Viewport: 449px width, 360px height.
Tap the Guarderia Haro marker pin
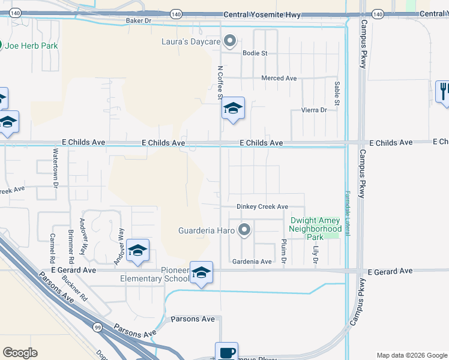244,230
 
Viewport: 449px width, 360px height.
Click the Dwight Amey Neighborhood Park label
315,229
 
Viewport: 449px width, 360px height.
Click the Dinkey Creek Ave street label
262,206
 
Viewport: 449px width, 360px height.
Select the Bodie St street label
255,53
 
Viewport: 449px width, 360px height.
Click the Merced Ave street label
279,78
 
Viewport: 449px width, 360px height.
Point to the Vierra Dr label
314,110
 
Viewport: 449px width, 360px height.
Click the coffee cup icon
226,353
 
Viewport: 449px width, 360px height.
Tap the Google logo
20,353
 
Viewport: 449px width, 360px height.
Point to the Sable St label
337,94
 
